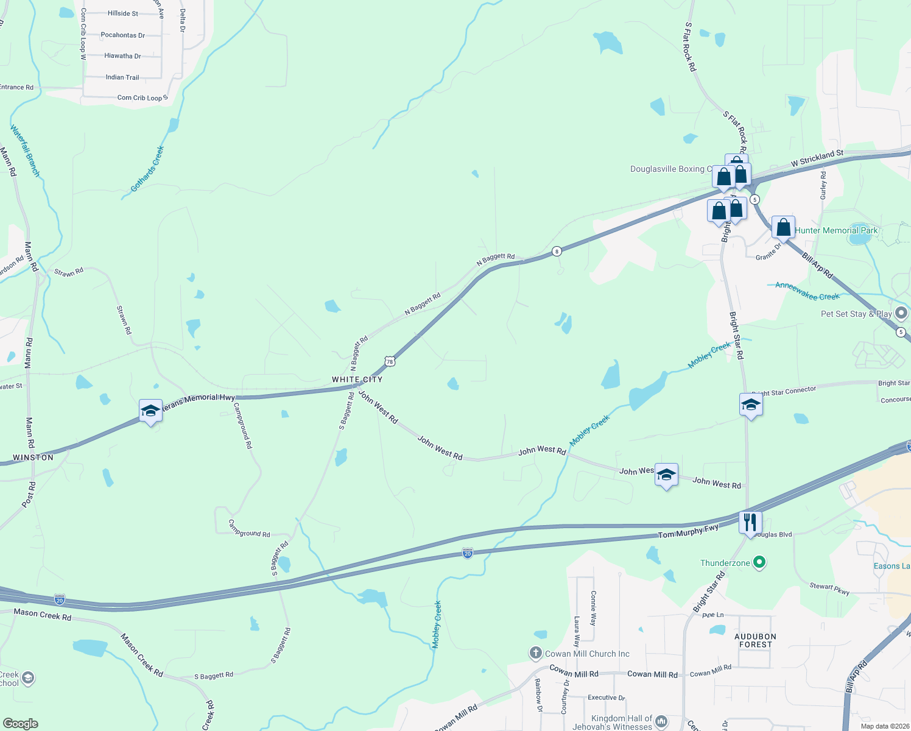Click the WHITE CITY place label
coord(357,380)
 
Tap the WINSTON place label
coord(33,457)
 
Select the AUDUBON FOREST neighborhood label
coord(755,640)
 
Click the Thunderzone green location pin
coord(759,562)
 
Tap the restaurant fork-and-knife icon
coord(750,522)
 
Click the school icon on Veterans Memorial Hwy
coord(150,411)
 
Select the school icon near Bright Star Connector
coord(751,404)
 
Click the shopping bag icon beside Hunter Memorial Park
coord(783,228)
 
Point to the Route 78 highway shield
coord(390,361)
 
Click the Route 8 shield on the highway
coord(556,251)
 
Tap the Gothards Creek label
coord(147,169)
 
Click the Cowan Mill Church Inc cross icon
coord(535,654)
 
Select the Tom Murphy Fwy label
coord(688,532)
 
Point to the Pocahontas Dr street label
coord(122,35)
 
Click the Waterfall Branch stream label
coord(25,150)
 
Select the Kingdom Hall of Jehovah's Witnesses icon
coord(661,722)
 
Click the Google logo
coord(20,724)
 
